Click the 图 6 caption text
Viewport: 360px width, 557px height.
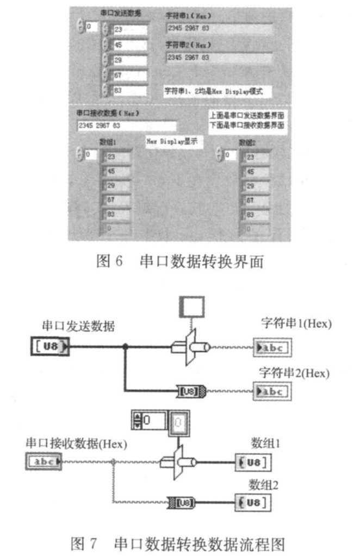(x=179, y=262)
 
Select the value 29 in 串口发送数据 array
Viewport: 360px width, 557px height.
(x=127, y=60)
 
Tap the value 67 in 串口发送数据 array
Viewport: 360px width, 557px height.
(x=127, y=75)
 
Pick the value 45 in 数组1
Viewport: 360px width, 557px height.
(x=115, y=172)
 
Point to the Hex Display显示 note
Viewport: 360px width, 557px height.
(x=171, y=141)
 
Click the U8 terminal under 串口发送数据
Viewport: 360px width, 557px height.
(x=50, y=346)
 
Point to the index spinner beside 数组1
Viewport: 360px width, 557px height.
(x=80, y=155)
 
